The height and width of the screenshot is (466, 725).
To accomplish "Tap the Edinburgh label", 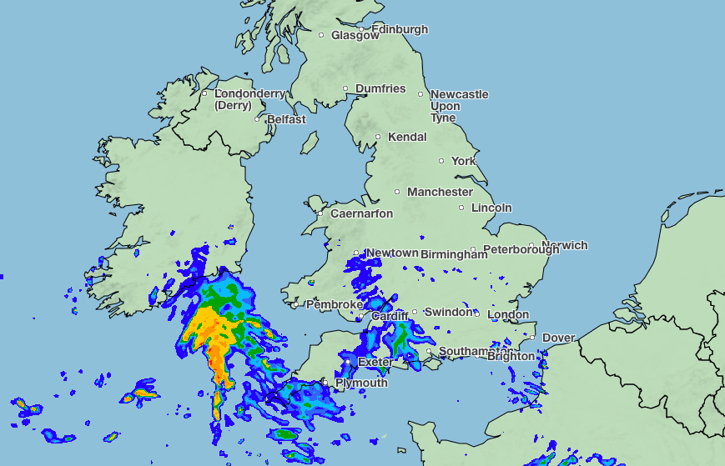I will pos(400,29).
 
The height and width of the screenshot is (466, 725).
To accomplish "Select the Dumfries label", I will pos(380,88).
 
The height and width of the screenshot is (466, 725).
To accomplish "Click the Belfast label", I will pos(286,119).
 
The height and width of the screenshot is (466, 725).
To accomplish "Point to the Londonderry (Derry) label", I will pos(249,99).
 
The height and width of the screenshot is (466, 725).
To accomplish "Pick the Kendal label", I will pos(407,137).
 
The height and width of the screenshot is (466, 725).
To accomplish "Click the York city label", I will pos(464,161).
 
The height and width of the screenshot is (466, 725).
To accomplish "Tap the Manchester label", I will pos(441,192).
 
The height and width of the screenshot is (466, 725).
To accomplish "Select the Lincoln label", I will pos(491,208).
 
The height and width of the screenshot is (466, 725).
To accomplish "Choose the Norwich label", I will pos(564,245).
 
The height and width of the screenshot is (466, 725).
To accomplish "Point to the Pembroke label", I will pos(335,304).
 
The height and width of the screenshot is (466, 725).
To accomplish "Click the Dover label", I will pos(558,338).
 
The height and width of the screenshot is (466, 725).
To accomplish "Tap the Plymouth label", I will pos(361,383).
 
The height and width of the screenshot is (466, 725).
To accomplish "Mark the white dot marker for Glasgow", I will pos(321,35).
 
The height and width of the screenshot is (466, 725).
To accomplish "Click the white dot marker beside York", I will pos(442,161).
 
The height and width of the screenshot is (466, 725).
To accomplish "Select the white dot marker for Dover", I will pos(532,338).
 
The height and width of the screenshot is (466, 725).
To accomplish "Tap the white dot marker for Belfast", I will pos(258,119).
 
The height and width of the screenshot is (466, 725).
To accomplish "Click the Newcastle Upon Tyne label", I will pos(459,106).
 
